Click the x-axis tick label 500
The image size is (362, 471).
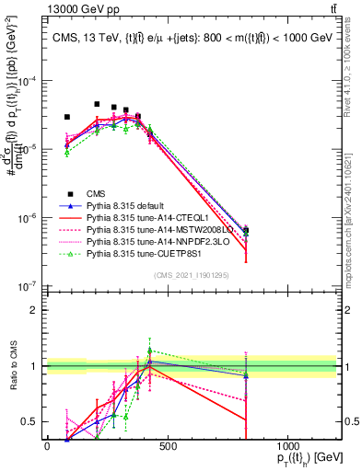pyautogui.click(x=167, y=446)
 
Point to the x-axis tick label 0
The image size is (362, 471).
pyautogui.click(x=47, y=446)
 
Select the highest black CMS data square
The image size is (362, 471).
pyautogui.click(x=97, y=105)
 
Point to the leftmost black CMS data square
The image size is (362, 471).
pyautogui.click(x=66, y=118)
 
